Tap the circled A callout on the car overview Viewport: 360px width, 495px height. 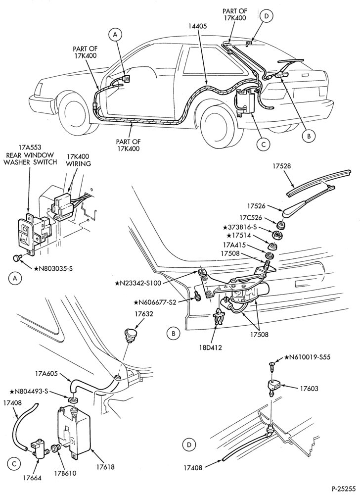point(115,35)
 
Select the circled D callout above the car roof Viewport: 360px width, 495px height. point(266,16)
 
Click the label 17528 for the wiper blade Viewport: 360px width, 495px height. point(285,166)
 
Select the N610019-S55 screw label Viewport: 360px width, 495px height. point(308,357)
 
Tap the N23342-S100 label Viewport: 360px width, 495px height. point(138,283)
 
